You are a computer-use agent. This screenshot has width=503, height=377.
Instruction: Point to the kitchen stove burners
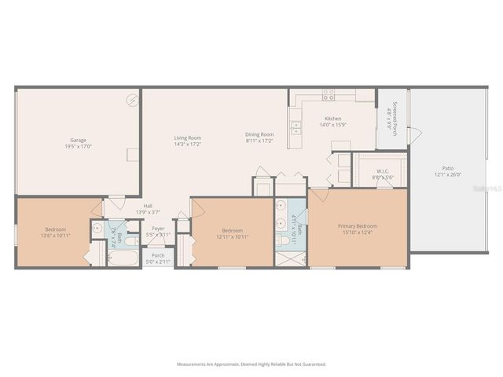(x=329, y=94)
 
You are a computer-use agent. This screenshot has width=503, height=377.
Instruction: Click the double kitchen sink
(x=296, y=127)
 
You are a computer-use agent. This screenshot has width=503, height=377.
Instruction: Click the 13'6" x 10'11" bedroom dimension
(x=53, y=236)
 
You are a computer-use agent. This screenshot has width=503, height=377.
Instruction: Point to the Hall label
(x=147, y=207)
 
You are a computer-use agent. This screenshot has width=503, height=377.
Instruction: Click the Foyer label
(x=158, y=229)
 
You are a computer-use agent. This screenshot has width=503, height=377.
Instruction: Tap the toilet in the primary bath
(x=283, y=240)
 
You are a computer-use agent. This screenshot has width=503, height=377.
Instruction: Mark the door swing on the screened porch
(x=414, y=135)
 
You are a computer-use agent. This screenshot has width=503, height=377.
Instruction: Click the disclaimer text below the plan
(x=251, y=364)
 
